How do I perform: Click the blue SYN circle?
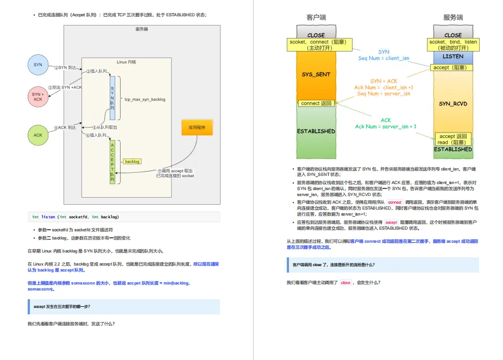click(38, 65)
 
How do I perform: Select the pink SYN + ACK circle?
click(37, 97)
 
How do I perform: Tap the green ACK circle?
click(38, 135)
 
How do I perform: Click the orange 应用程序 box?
click(197, 128)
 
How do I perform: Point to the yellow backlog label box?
click(132, 161)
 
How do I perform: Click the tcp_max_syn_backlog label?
click(144, 99)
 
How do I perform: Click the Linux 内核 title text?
click(127, 62)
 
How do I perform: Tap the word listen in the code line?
click(48, 217)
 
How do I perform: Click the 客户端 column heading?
click(317, 17)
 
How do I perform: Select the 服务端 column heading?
click(453, 17)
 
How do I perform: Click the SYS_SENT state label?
click(316, 74)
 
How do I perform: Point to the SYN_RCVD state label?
click(453, 103)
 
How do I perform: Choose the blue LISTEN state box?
click(453, 56)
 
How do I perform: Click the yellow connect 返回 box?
click(316, 103)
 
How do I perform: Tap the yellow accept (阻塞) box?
click(452, 68)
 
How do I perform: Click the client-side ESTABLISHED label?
click(316, 131)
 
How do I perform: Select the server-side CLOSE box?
click(453, 35)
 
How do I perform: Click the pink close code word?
click(345, 283)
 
